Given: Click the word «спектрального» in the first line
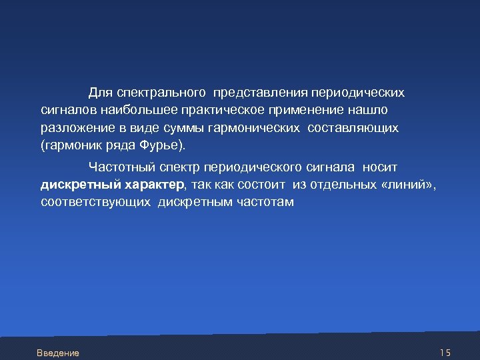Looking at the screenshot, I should tap(159, 91).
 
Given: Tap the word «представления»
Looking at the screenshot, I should tap(256, 91).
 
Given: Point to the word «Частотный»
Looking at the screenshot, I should tap(118, 167).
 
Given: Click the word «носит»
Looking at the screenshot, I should tap(381, 167).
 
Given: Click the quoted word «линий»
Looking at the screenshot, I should tap(407, 185).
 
